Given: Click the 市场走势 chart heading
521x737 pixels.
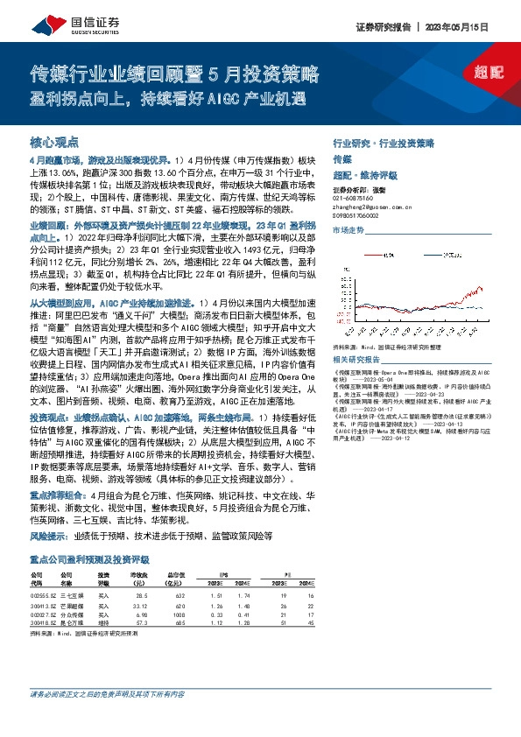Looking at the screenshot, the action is pyautogui.click(x=348, y=230).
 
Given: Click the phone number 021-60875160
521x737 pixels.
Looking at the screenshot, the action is pyautogui.click(x=353, y=198).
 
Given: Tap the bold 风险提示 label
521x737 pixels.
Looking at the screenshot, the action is pyautogui.click(x=49, y=534).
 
